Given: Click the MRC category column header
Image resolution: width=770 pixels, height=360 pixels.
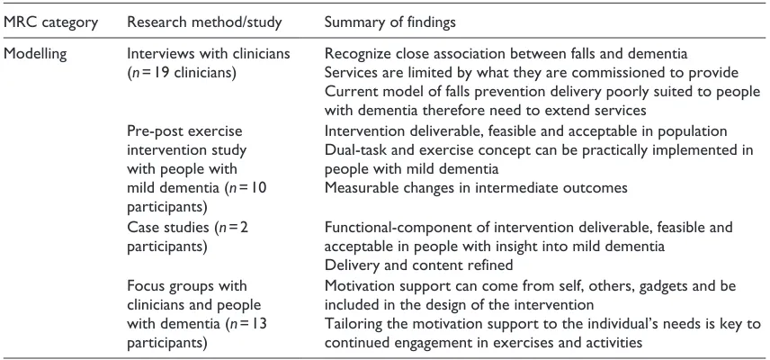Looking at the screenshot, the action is click(x=50, y=22).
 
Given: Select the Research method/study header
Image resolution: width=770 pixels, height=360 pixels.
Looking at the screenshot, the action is click(x=204, y=22).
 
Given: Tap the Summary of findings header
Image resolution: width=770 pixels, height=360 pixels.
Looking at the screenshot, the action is click(x=389, y=22).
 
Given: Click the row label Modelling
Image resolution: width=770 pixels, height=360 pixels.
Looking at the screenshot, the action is click(x=35, y=54).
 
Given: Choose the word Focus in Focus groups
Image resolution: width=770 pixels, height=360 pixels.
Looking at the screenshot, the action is click(x=143, y=285).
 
